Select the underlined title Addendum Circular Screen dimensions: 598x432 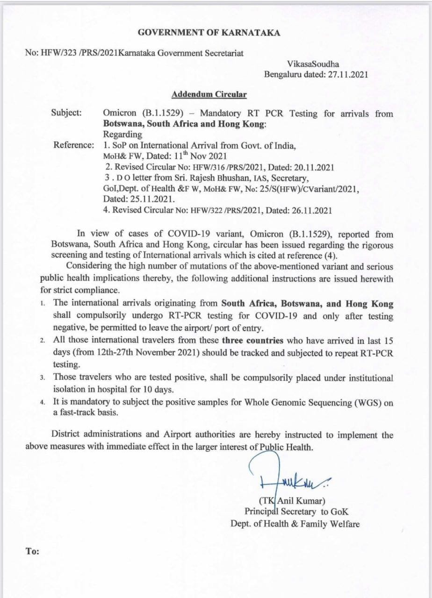tap(209, 94)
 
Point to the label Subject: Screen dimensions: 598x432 tap(66, 114)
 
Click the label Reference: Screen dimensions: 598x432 tap(73, 145)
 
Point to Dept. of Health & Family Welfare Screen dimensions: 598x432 tap(295, 524)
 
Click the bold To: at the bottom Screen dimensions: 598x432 tap(32, 551)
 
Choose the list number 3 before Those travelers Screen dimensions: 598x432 tap(43, 377)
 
